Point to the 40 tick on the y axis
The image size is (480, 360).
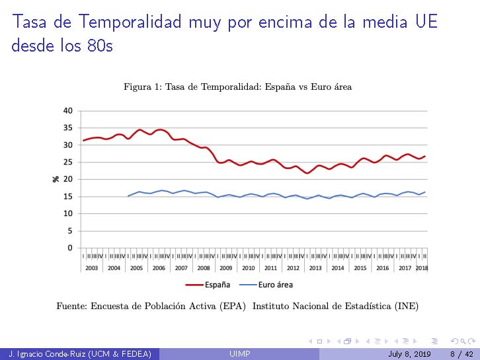pos(68,110)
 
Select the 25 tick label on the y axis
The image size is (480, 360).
pos(68,162)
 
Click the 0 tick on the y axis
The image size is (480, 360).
pos(70,248)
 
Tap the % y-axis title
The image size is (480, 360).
pos(56,179)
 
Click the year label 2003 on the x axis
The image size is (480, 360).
pos(91,268)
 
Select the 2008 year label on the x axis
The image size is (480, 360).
pos(203,268)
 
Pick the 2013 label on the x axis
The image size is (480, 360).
pos(315,268)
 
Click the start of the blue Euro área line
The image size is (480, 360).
pos(128,196)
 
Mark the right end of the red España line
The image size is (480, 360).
pos(424,156)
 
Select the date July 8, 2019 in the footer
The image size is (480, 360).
pos(409,355)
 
